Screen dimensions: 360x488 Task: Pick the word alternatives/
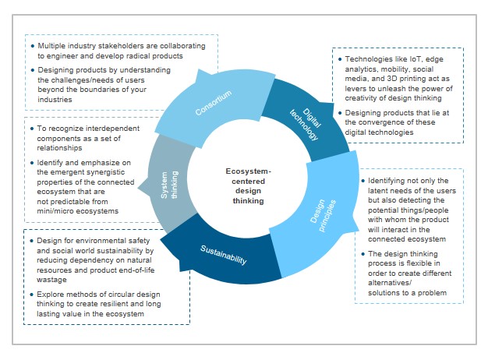point(393,284)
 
